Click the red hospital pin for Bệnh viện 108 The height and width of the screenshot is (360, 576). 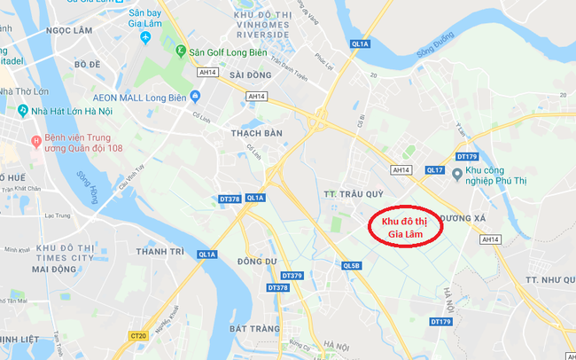click(35, 139)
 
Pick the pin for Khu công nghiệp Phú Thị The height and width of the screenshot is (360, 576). click(456, 173)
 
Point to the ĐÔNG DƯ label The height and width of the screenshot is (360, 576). click(258, 261)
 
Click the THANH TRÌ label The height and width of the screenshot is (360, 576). click(160, 251)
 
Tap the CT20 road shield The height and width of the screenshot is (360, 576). click(137, 336)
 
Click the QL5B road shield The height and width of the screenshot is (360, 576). click(351, 265)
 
